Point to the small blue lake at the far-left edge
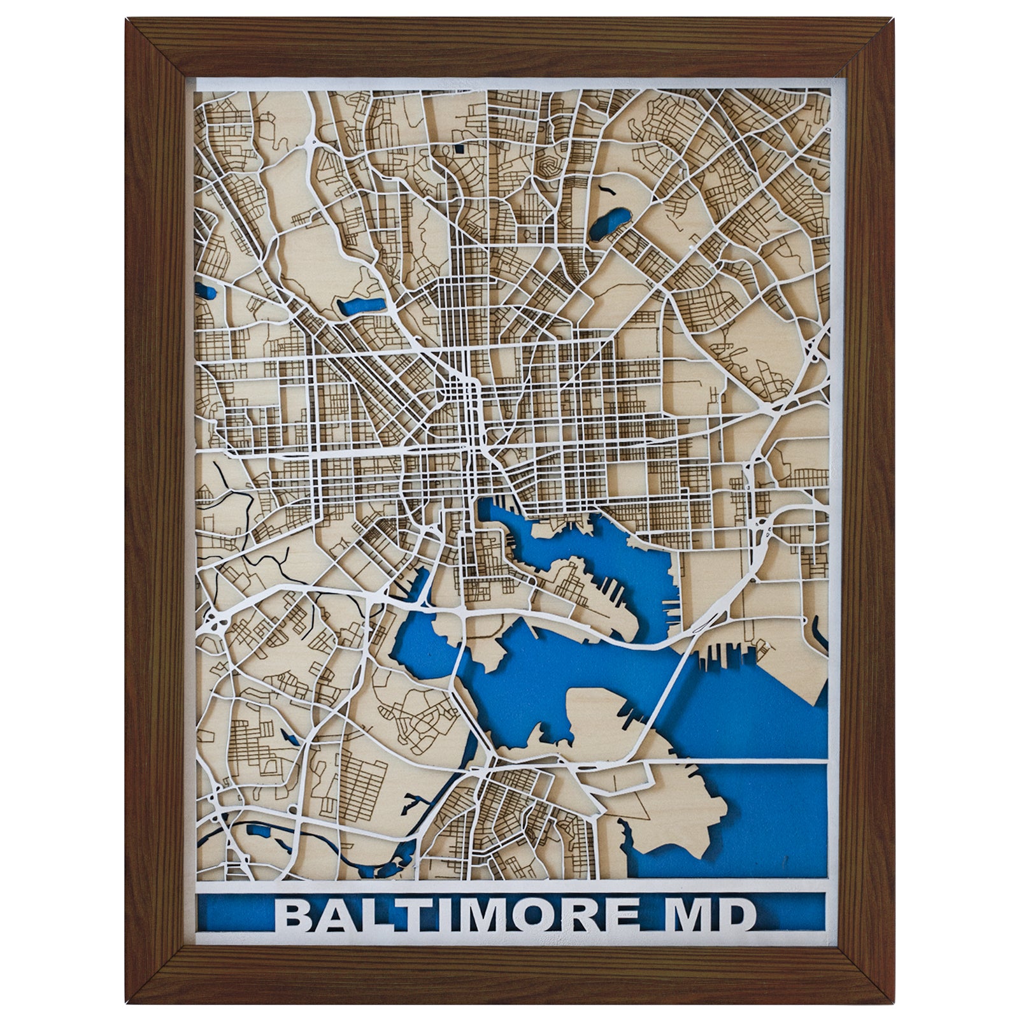point(206,294)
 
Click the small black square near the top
point(459,151)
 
